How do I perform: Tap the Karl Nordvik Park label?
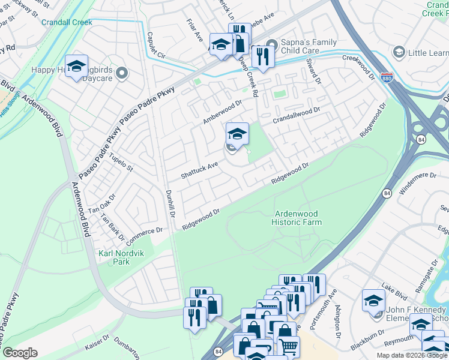pos(113,257)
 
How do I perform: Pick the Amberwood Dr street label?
pos(221,112)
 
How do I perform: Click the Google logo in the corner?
pos(20,353)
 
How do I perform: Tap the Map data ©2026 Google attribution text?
pos(412,355)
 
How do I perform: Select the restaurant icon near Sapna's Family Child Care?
pos(262,56)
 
